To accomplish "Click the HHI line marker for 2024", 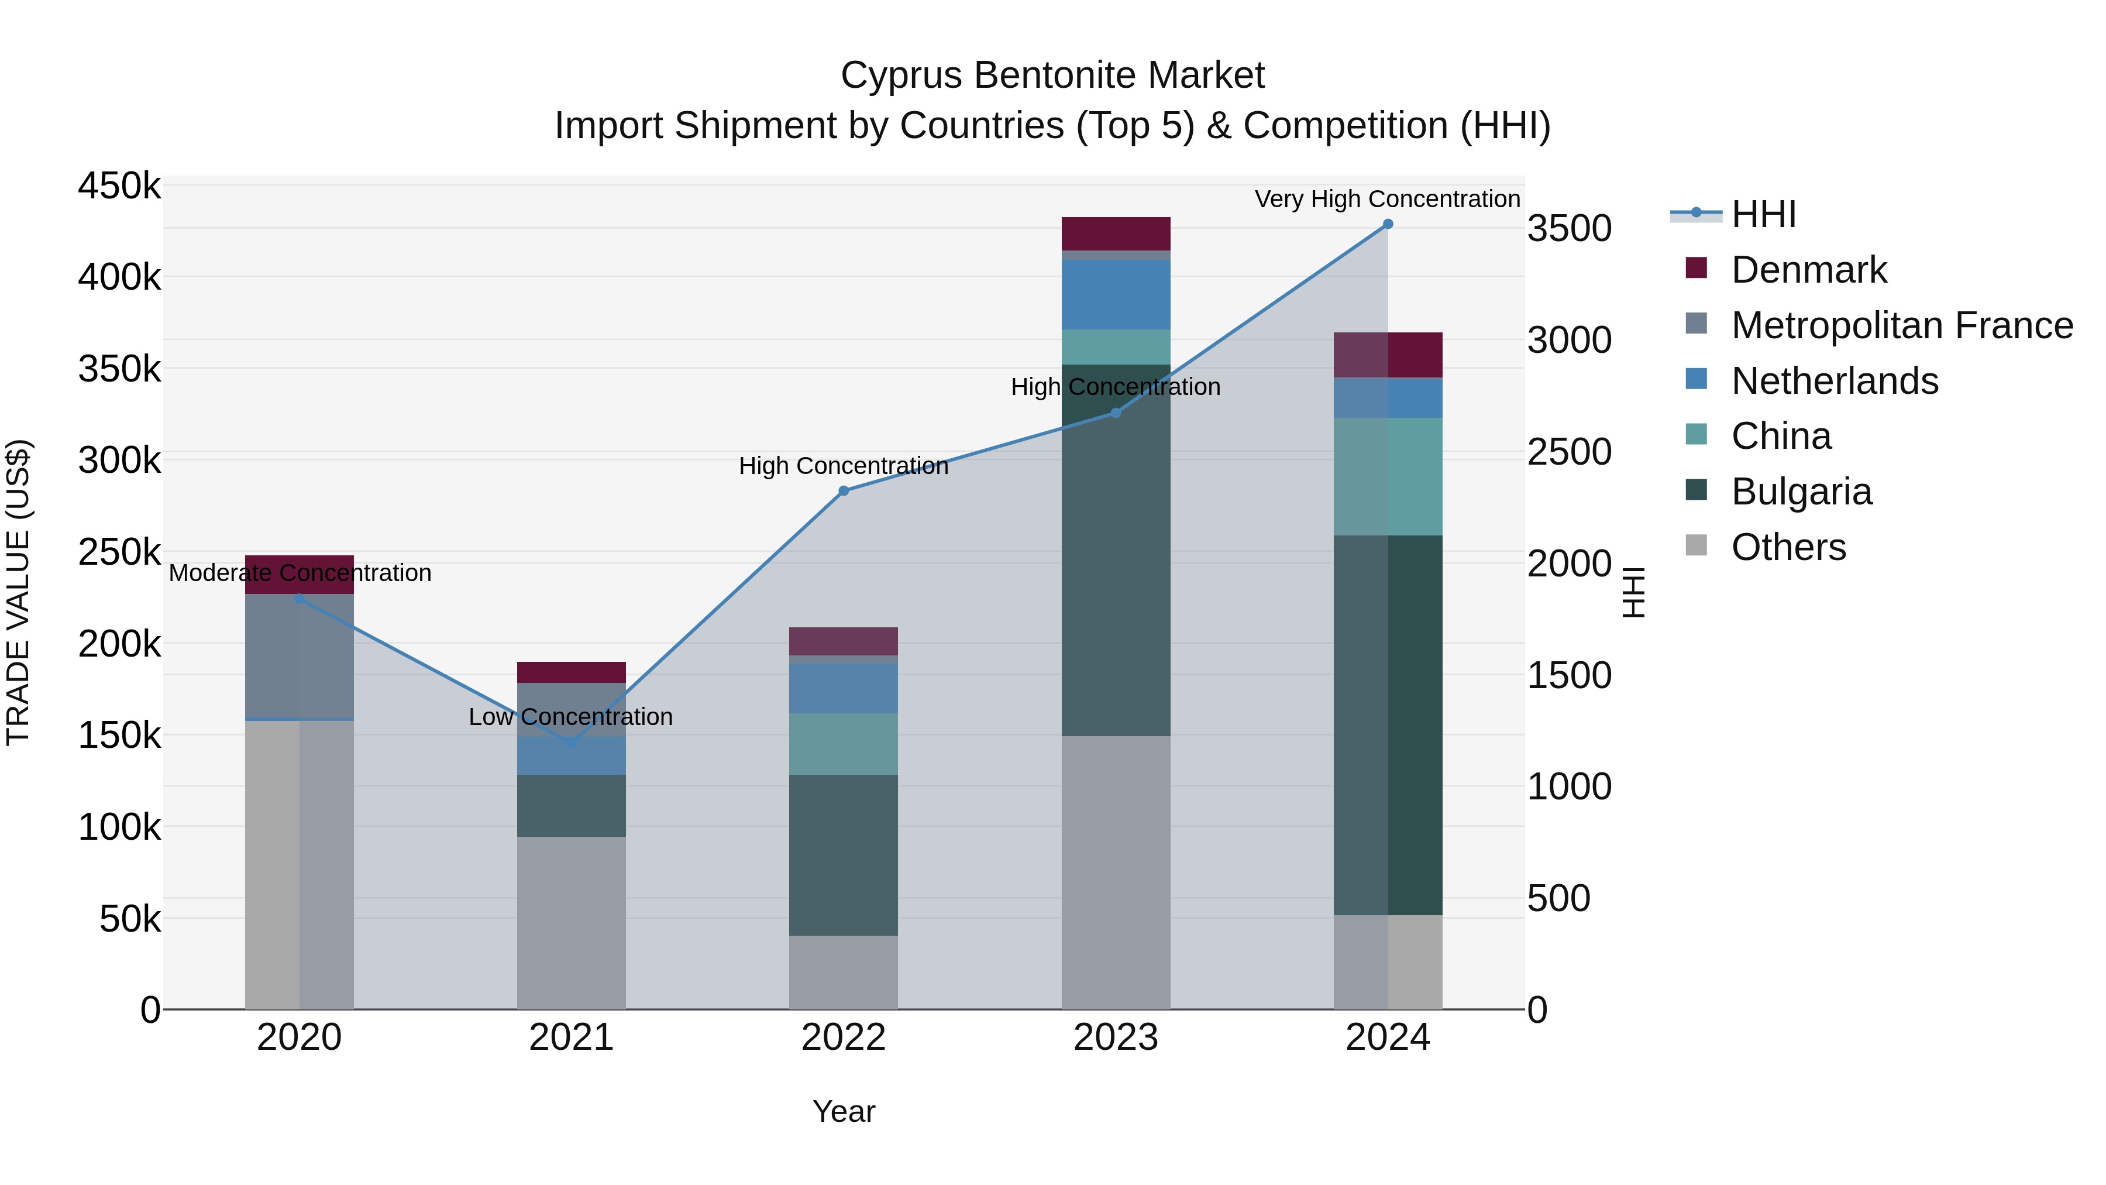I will [x=1388, y=224].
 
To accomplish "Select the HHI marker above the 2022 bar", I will [x=844, y=491].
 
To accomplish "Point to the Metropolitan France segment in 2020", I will [x=299, y=656].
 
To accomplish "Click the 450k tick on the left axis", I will [x=119, y=186].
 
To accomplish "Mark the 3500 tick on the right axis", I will [x=1569, y=228].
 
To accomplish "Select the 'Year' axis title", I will [x=843, y=1111].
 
